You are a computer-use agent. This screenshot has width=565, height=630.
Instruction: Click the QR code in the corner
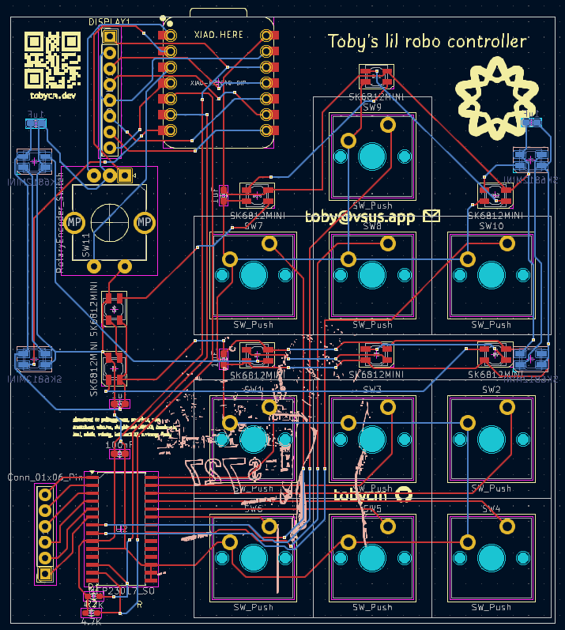[52, 59]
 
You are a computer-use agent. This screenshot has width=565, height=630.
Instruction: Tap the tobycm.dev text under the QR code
[53, 96]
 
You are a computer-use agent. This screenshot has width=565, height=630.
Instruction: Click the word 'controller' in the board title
[486, 41]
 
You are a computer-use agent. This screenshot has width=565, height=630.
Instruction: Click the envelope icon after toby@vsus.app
[431, 215]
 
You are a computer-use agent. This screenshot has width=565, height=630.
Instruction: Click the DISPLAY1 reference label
[109, 21]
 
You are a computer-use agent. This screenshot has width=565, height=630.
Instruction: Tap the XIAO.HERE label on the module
[219, 35]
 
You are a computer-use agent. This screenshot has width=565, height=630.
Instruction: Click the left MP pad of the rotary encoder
[75, 224]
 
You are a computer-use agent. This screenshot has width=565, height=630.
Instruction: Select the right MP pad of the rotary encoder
[145, 224]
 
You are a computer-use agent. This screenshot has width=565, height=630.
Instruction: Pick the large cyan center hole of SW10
[491, 275]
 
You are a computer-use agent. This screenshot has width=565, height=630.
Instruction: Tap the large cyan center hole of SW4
[491, 558]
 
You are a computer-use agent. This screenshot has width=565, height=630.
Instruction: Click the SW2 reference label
[491, 390]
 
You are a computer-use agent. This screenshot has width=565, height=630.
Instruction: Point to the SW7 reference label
[254, 226]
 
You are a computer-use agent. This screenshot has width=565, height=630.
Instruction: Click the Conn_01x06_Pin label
[44, 477]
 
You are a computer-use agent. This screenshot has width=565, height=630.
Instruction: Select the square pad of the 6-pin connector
[46, 573]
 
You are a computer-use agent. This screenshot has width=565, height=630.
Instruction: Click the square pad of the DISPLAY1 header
[110, 36]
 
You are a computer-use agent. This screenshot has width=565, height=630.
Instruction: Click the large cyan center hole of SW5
[372, 558]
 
